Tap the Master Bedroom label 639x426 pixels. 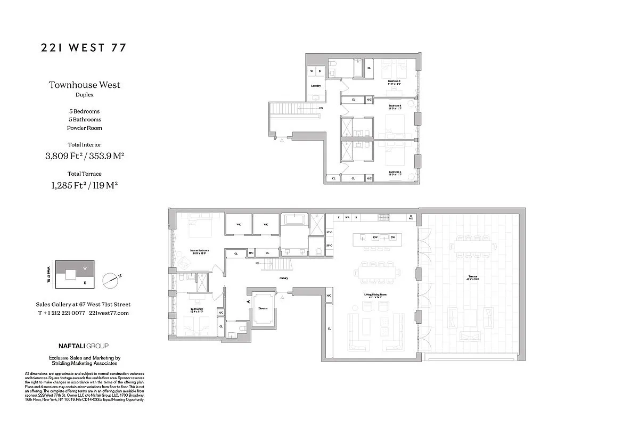200,250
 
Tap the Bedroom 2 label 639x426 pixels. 196,309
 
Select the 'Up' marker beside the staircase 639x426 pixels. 258,263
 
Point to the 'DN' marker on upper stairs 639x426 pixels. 321,108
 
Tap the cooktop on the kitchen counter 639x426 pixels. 384,217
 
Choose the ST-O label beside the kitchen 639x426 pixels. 329,233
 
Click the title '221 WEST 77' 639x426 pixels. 84,48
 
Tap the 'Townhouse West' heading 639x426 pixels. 85,85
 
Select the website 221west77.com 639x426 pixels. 109,313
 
